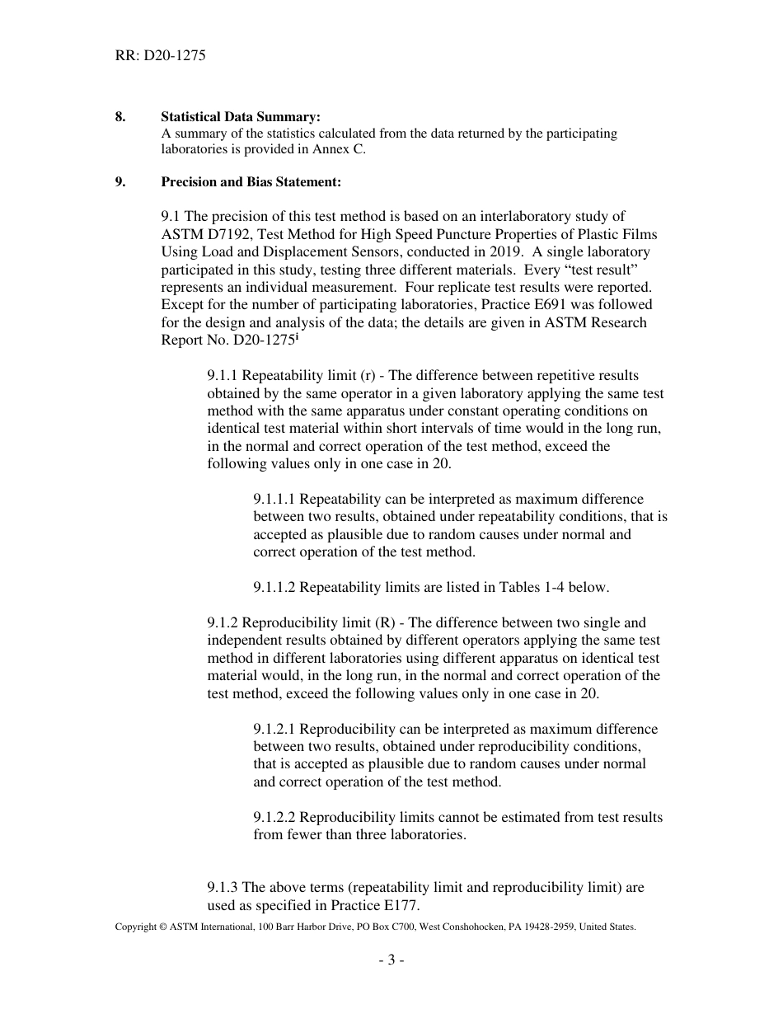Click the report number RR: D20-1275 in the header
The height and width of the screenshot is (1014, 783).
tap(160, 56)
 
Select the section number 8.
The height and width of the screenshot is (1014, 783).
tap(120, 116)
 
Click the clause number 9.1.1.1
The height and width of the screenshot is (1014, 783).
tap(275, 499)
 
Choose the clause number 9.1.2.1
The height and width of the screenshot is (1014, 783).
tap(275, 729)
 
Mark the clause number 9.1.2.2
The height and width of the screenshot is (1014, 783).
tap(275, 817)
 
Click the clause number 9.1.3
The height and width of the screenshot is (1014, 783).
tap(223, 887)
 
